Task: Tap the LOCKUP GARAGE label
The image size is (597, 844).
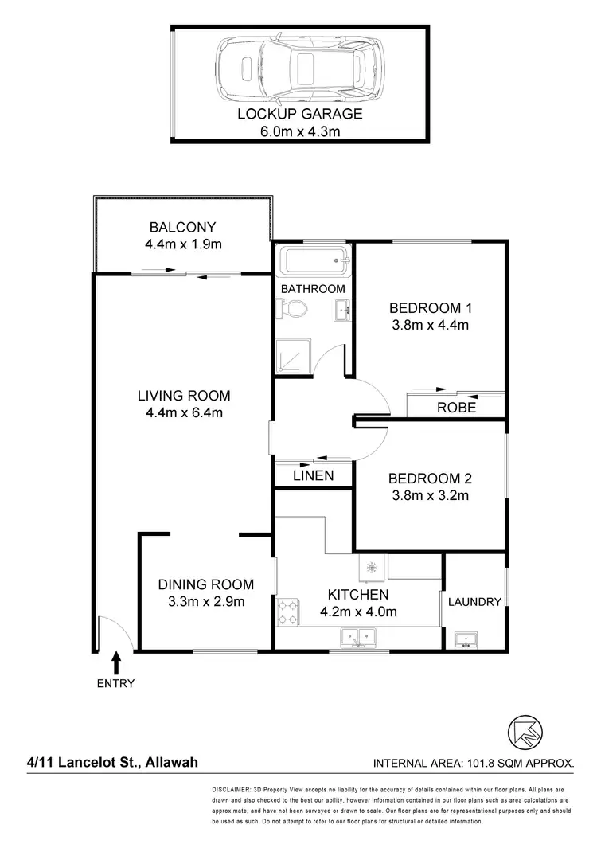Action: (299, 114)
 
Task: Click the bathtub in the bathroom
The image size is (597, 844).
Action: (311, 259)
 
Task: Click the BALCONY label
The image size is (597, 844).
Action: (183, 226)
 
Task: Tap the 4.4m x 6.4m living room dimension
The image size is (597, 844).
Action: (183, 412)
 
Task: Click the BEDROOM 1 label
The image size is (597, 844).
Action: (430, 308)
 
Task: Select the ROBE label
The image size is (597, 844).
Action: (457, 408)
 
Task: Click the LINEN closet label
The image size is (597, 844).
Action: (312, 475)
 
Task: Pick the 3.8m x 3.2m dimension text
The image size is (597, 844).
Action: (430, 495)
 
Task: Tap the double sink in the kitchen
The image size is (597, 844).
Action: (357, 636)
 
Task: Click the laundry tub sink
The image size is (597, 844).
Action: (463, 639)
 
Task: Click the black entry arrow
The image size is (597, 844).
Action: (117, 662)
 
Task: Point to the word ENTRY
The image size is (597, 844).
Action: (116, 683)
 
